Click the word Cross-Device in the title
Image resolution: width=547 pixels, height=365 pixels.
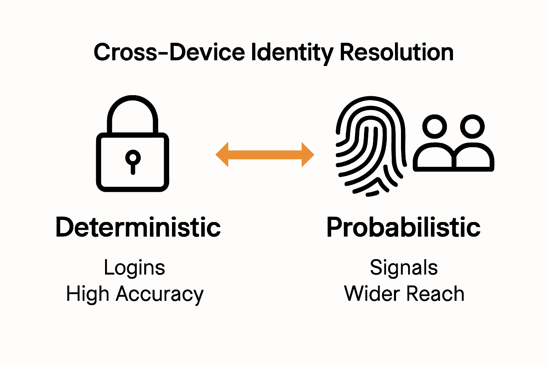[x=169, y=52]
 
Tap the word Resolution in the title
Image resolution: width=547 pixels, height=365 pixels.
[x=396, y=52]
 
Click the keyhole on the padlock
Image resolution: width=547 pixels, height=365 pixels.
[x=133, y=160]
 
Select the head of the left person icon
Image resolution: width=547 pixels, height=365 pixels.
[x=434, y=127]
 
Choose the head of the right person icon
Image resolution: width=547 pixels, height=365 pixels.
[x=472, y=127]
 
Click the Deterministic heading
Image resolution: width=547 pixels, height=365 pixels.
[x=138, y=227]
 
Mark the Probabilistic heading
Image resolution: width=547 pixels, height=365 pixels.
[x=403, y=227]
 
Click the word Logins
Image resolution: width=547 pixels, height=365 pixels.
[x=135, y=268]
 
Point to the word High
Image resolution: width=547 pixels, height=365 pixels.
[x=87, y=294]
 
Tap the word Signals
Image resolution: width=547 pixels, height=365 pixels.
[x=403, y=268]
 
